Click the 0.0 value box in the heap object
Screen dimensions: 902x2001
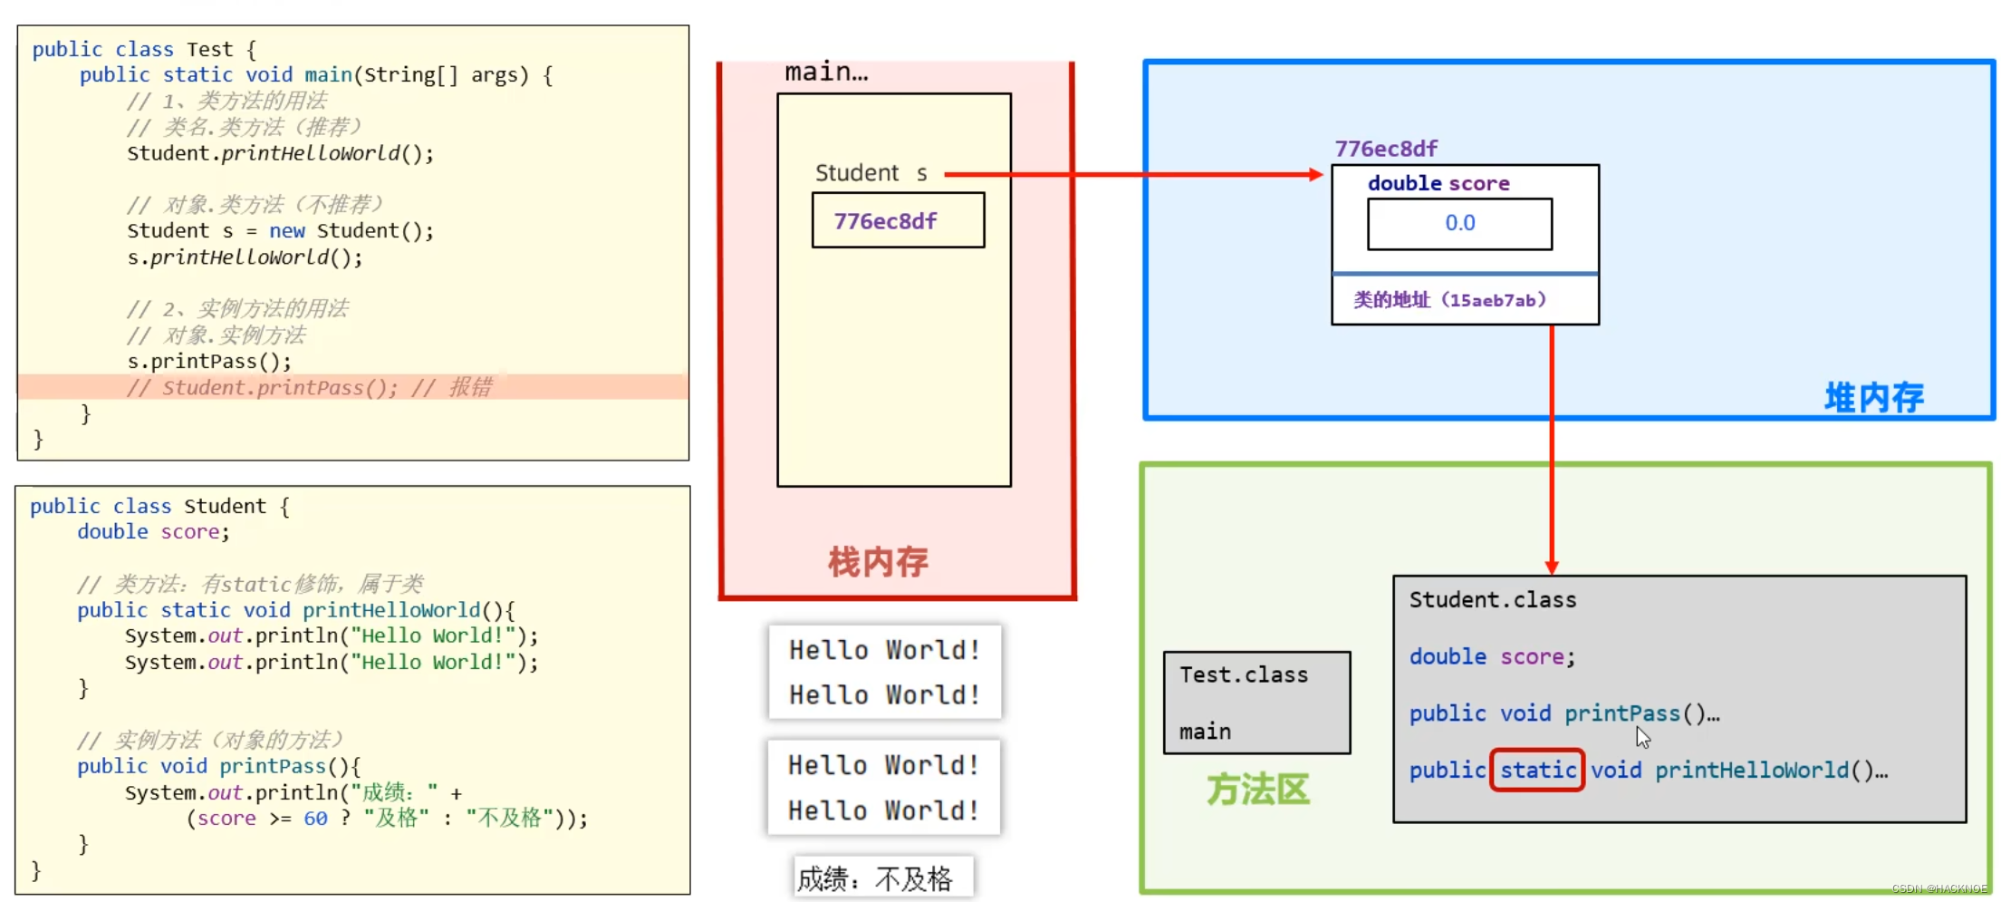coord(1459,223)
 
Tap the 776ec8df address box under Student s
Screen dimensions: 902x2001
coord(897,220)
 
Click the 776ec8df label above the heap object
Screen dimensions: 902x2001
coord(1385,149)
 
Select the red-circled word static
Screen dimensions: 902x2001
coord(1537,770)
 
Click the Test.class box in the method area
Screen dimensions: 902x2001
coord(1256,702)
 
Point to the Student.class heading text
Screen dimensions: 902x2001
coord(1492,600)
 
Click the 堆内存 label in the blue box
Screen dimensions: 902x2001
coord(1873,397)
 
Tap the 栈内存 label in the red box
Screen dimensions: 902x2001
coord(878,561)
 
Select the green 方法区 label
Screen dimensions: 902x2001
coord(1257,789)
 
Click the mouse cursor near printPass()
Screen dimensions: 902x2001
coord(1642,737)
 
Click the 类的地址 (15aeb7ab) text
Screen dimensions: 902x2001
coord(1449,300)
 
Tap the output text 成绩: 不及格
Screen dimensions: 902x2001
coord(875,878)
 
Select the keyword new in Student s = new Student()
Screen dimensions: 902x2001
coord(286,231)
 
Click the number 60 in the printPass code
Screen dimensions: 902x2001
coord(315,819)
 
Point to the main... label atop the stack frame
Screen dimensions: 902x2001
coord(825,72)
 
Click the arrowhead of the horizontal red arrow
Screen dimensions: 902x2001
coord(1316,174)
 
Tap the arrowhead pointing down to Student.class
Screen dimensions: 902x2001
coord(1551,567)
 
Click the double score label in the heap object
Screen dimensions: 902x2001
coord(1438,183)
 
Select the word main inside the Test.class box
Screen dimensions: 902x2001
coord(1205,732)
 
